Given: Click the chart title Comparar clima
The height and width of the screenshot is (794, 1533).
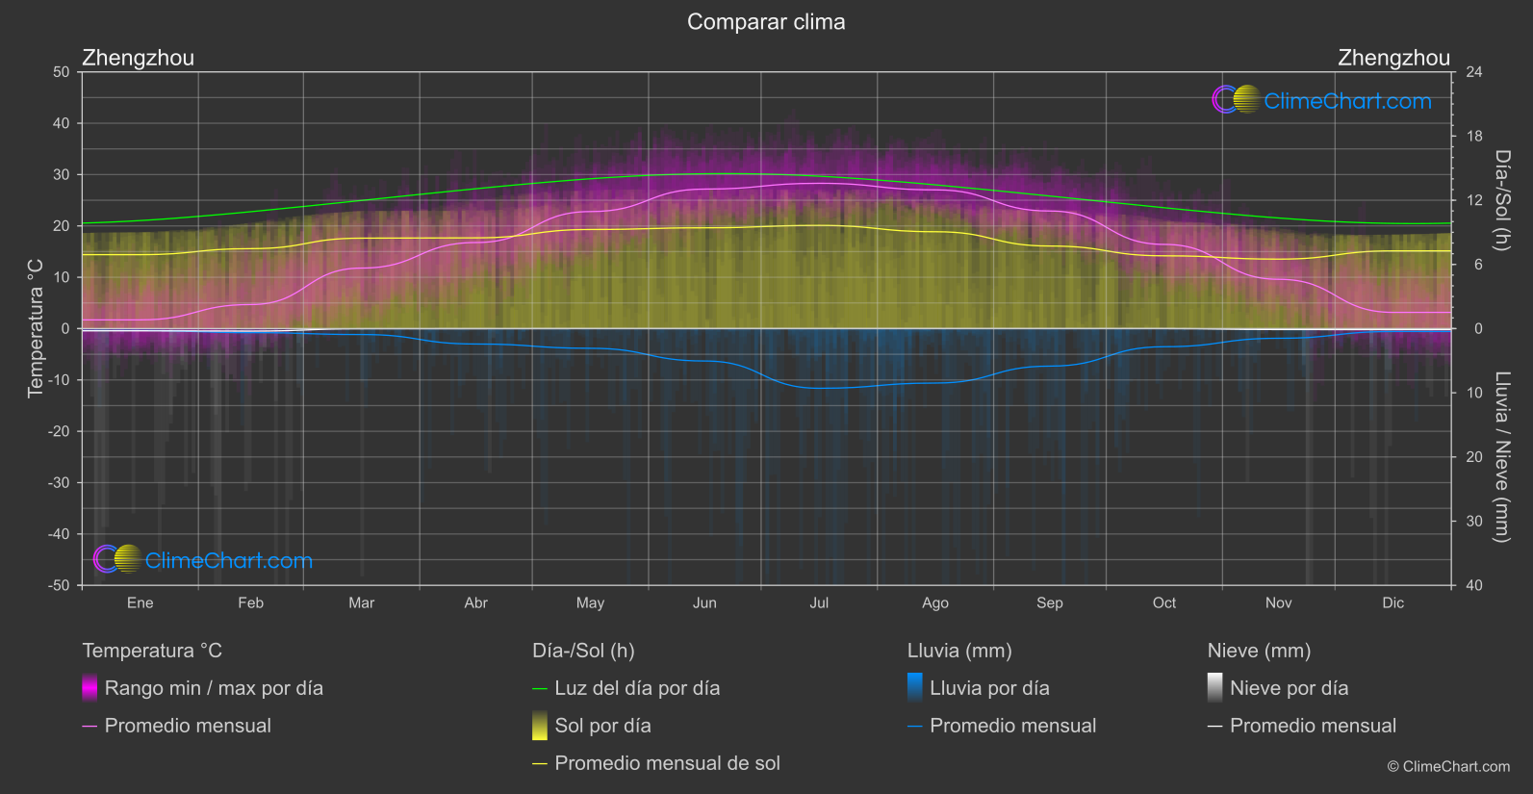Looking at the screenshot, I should [x=766, y=22].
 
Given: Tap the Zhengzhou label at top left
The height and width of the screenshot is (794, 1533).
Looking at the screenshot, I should [x=138, y=58].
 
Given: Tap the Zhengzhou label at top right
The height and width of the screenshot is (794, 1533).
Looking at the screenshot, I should [x=1393, y=58].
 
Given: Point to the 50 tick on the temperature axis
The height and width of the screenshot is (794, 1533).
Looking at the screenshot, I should [x=62, y=72].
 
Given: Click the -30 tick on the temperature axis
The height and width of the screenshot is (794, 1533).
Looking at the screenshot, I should [x=59, y=482].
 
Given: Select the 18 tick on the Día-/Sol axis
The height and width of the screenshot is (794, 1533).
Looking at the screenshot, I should [x=1474, y=137].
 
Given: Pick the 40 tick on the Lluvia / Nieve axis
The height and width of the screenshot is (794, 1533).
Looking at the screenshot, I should [x=1474, y=585].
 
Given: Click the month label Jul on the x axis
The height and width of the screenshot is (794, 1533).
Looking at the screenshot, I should [x=819, y=602].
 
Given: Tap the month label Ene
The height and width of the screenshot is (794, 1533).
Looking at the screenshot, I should [x=140, y=602].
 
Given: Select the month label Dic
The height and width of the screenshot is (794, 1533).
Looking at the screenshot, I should [x=1392, y=602].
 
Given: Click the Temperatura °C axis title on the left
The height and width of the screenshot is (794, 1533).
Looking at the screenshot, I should [x=36, y=328].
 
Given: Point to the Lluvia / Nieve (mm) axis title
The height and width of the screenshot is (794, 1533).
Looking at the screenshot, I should [x=1501, y=457].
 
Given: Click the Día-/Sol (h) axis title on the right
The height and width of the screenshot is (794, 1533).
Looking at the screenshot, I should [x=1501, y=200].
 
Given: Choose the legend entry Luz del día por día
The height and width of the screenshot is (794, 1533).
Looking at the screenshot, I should [x=637, y=688].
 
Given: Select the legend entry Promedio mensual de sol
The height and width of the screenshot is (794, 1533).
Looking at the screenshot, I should [x=667, y=763].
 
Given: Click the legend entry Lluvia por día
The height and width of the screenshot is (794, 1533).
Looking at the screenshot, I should [x=989, y=688].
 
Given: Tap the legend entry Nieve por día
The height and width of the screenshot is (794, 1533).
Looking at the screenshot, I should [x=1289, y=688].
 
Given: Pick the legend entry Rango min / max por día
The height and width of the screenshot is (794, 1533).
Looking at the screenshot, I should [x=214, y=688].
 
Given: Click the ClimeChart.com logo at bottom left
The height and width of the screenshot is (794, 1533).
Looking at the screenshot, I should [x=203, y=560].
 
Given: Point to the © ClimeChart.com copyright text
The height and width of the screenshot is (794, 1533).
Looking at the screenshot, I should [x=1448, y=767].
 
